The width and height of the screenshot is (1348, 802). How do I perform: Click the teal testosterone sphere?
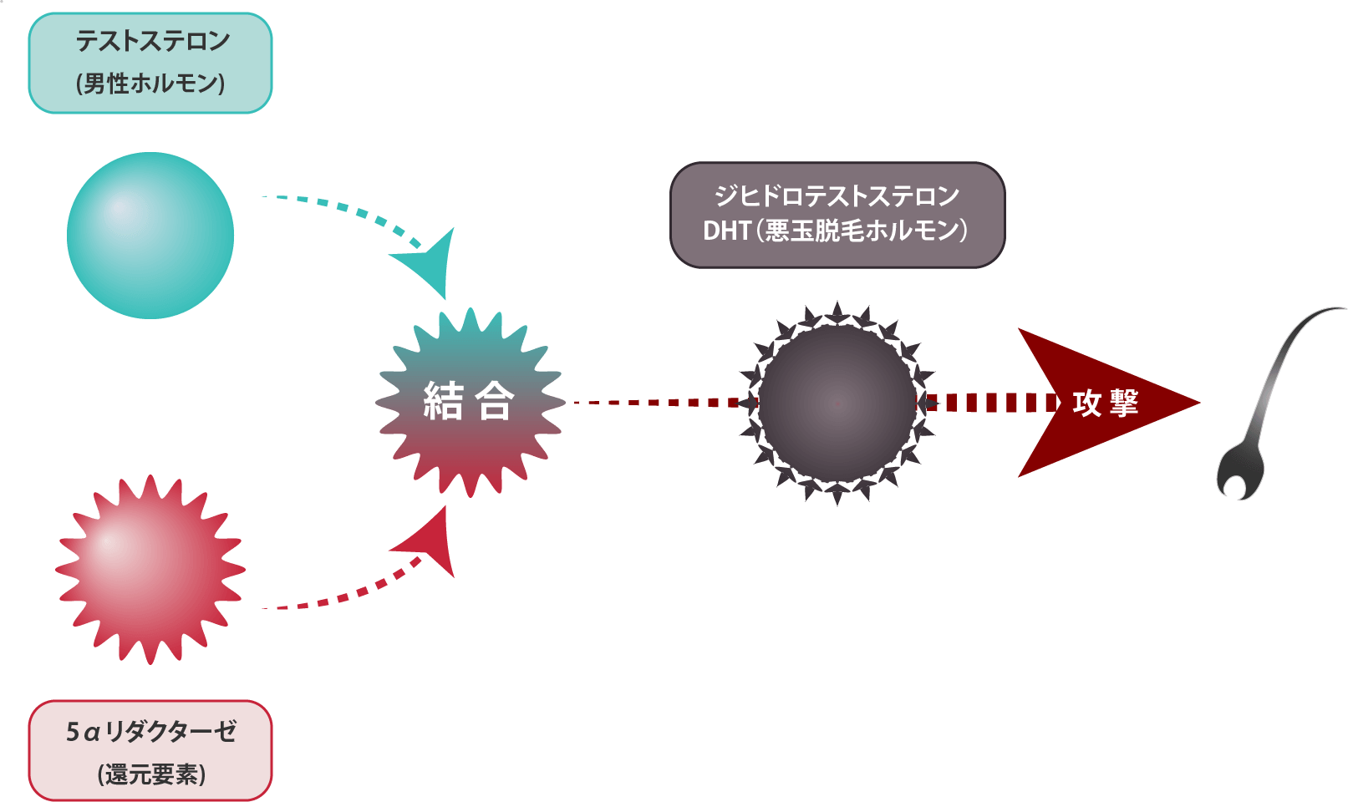[150, 236]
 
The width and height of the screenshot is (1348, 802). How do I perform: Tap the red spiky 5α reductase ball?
[150, 570]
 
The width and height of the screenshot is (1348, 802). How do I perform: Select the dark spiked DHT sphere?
[837, 404]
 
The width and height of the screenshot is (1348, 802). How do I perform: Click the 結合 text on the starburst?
[468, 401]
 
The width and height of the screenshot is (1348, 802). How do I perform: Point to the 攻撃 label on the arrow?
[1105, 404]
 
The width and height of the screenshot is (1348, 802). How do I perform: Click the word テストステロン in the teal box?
[152, 41]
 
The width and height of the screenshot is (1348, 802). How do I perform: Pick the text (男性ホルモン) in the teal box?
[150, 84]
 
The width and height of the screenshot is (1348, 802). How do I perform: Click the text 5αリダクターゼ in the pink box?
[150, 732]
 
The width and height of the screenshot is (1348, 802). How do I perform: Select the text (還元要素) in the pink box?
[151, 774]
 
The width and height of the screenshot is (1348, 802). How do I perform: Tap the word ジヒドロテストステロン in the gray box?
[837, 196]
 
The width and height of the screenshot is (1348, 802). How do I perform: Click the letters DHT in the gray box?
[726, 231]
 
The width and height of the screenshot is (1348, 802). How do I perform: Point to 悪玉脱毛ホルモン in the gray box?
[861, 231]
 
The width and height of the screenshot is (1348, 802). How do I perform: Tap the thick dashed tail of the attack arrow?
[986, 403]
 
